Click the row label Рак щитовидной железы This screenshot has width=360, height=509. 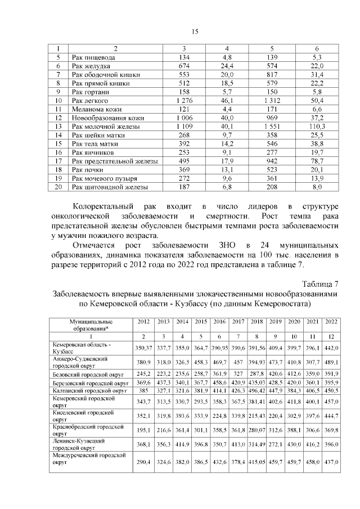110,187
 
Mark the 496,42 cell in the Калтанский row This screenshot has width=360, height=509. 256,390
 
